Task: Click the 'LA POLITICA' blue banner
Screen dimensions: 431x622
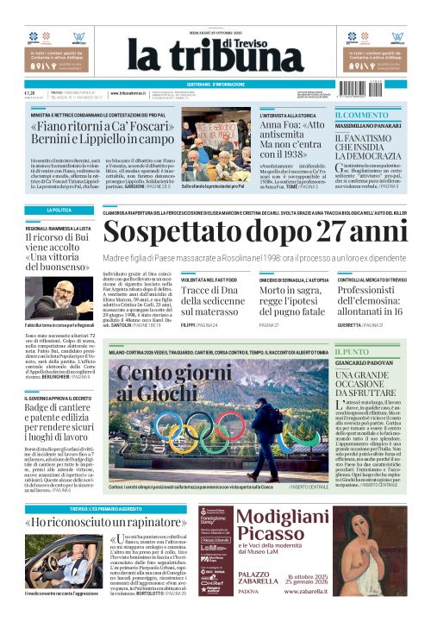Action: click(x=59, y=210)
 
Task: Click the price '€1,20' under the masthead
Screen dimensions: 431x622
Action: click(x=30, y=93)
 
